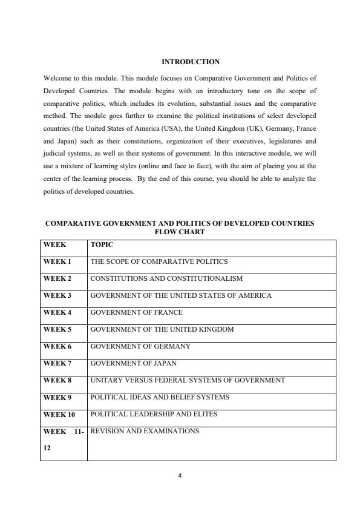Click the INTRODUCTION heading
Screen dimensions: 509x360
tap(190, 62)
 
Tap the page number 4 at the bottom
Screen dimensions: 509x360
tap(180, 475)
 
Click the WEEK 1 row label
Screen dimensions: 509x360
tap(57, 262)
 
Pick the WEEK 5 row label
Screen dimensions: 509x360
tap(57, 330)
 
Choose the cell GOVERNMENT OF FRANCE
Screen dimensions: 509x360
tap(136, 313)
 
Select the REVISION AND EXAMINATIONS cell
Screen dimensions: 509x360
tap(145, 431)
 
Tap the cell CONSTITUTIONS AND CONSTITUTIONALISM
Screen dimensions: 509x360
tap(166, 279)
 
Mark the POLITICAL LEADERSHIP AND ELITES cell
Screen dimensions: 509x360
tap(154, 415)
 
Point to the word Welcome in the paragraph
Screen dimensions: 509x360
tap(57, 79)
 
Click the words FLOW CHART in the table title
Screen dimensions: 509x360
tap(180, 232)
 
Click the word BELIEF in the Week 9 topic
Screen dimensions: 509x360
tap(176, 398)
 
